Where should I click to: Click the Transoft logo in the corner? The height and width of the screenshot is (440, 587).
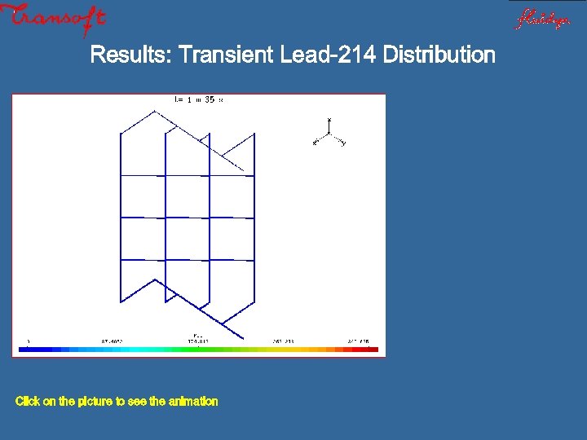[x=54, y=20]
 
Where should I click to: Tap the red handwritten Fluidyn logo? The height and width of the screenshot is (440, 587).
[x=541, y=18]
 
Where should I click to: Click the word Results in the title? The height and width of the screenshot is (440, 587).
[x=130, y=55]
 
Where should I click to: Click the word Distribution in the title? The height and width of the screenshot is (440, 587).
[x=439, y=55]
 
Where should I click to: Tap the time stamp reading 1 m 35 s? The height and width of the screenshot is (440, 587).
[x=199, y=99]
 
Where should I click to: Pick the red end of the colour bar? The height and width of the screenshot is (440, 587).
[x=371, y=350]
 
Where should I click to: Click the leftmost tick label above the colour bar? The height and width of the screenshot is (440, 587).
[x=29, y=341]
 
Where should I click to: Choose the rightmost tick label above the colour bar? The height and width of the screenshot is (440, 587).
[x=359, y=341]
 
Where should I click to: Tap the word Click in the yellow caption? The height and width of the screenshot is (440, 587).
[x=27, y=401]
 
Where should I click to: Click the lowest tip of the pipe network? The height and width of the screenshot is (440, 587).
[x=242, y=337]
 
